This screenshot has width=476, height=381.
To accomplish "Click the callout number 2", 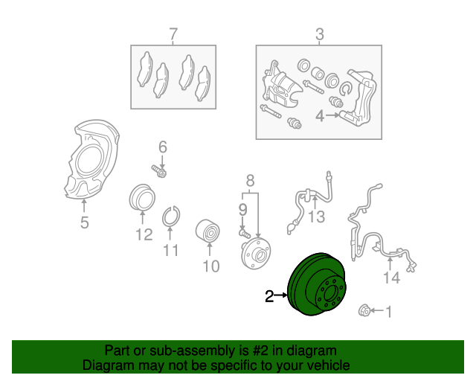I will [269, 297].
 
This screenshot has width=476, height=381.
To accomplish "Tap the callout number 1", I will [387, 311].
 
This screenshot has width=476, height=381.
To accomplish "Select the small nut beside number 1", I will [365, 311].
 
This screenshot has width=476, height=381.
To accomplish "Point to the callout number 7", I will [173, 33].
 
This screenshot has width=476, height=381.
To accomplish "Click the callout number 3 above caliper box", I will [320, 33].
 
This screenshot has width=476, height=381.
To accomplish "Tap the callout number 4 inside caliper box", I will [319, 116].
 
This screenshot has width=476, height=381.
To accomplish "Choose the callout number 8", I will [250, 180].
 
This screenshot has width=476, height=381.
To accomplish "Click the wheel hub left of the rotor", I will [255, 252].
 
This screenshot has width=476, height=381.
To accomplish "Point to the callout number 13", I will [317, 217].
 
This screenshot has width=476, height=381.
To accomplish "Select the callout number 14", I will [391, 278].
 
